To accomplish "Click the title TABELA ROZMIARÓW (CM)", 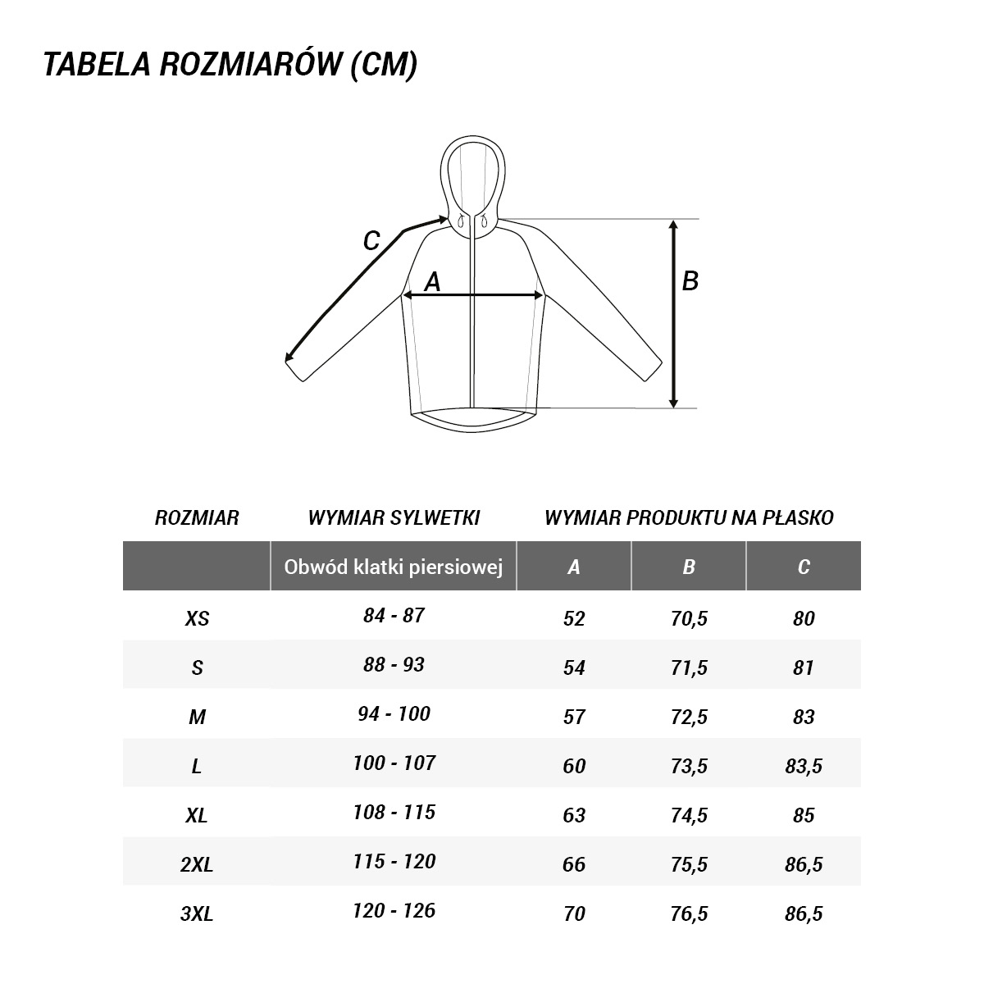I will [x=230, y=66].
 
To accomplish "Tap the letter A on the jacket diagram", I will [x=432, y=282].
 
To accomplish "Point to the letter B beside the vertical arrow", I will [x=690, y=281].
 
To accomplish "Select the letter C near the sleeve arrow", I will [x=371, y=241].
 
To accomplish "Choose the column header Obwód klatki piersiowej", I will [x=393, y=567].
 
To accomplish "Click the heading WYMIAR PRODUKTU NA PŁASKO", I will [x=689, y=517].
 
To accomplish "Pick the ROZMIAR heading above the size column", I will [x=197, y=518].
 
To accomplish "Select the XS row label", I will [x=197, y=618].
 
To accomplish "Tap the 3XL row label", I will [x=197, y=913].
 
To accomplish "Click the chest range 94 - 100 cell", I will [x=394, y=714].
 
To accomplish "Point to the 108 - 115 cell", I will [x=394, y=813].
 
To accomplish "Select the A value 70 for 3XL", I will [x=574, y=913].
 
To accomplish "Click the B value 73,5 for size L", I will [x=689, y=766].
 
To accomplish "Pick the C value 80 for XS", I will [x=804, y=618].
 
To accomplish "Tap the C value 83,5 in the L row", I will [x=804, y=766].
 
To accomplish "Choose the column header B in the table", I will [x=689, y=567].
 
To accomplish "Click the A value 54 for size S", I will [x=574, y=667].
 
